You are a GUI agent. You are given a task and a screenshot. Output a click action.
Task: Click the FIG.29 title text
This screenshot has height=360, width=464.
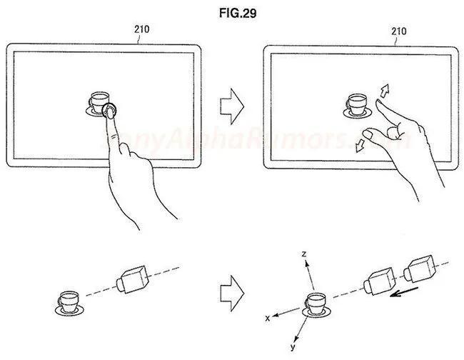point(238,13)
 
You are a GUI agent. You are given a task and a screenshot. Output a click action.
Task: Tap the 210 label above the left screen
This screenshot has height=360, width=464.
point(142,29)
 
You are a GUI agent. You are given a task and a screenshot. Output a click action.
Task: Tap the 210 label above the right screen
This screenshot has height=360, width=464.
point(399,31)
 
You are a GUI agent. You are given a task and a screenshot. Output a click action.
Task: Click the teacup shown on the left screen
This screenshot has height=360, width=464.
point(99,104)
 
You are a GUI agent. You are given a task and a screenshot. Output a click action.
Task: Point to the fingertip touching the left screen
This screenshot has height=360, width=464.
point(110,113)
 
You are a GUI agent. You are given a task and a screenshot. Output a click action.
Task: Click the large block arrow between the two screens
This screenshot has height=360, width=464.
point(232,106)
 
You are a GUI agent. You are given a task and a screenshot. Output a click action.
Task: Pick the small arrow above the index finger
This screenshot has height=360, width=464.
point(384,91)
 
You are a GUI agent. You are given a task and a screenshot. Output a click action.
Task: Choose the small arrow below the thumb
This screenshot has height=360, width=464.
point(360,146)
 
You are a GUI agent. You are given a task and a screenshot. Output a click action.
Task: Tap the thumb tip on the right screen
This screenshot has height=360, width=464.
point(368,134)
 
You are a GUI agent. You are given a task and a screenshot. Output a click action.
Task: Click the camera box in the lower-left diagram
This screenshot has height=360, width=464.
point(133,279)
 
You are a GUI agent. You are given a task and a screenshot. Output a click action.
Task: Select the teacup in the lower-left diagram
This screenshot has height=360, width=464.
point(69,303)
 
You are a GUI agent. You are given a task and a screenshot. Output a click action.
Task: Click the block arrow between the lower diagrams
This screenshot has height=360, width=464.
point(232,294)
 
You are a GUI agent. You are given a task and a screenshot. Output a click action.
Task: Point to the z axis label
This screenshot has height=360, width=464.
point(304,254)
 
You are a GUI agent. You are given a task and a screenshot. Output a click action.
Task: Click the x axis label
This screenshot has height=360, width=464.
point(268,319)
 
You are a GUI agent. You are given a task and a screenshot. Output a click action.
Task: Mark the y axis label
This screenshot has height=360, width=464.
point(293,346)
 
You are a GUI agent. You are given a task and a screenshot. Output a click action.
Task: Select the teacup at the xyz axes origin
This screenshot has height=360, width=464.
point(316,304)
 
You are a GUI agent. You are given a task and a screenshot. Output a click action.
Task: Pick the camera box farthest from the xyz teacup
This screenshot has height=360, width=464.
point(420,269)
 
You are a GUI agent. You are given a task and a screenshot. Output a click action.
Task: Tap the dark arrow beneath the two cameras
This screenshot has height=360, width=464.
point(404,292)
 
